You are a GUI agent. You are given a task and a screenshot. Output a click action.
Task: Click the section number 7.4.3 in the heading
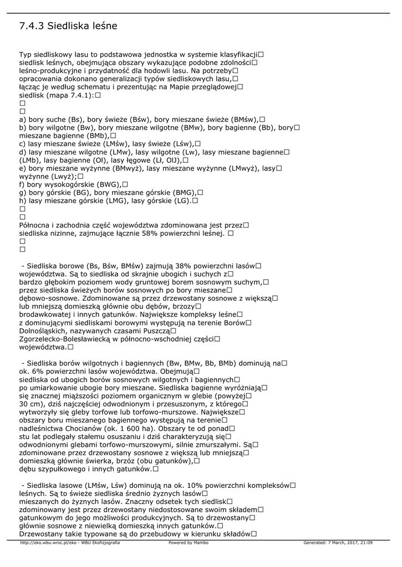(31, 26)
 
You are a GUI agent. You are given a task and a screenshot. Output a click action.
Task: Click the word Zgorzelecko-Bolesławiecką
(66, 339)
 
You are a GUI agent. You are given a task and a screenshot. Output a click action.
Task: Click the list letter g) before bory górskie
(23, 192)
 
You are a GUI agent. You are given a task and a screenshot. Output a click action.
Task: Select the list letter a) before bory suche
(23, 119)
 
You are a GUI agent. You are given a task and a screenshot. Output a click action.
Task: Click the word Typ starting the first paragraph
(26, 55)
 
